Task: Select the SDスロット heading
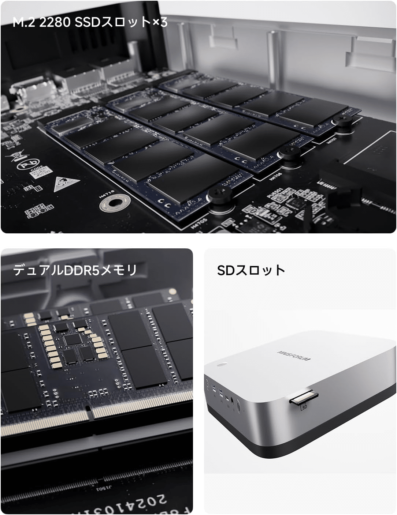click(251, 270)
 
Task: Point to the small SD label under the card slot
click(304, 406)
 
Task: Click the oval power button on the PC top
click(222, 365)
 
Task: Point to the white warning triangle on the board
click(66, 184)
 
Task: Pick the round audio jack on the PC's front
click(232, 401)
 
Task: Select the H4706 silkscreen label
click(275, 177)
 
